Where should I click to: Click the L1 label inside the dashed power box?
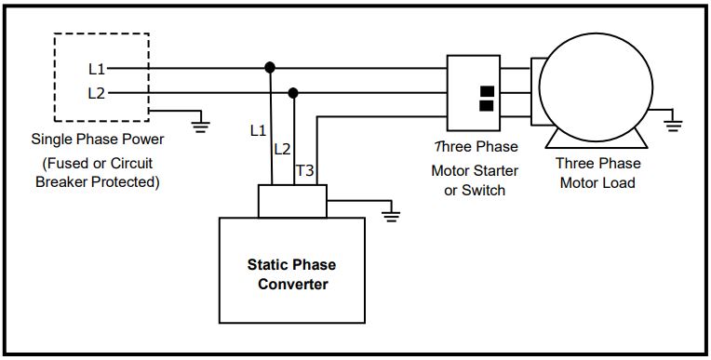[x=97, y=69]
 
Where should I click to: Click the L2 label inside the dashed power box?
[x=97, y=93]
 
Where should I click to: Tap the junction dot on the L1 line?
[x=270, y=68]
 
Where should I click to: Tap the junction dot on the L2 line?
[x=294, y=93]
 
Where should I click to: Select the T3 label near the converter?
[x=304, y=171]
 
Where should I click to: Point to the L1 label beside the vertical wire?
[x=259, y=131]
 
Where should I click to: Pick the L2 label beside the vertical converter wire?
[x=282, y=149]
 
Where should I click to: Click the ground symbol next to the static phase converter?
[x=392, y=216]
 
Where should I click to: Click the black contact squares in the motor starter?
[x=486, y=99]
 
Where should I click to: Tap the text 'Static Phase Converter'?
[x=288, y=273]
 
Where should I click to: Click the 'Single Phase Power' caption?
[x=98, y=140]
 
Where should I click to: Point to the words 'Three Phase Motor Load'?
[x=597, y=173]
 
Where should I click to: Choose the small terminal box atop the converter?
[x=292, y=200]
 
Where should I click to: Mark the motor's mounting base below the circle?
[x=596, y=140]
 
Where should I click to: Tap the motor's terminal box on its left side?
[x=538, y=93]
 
